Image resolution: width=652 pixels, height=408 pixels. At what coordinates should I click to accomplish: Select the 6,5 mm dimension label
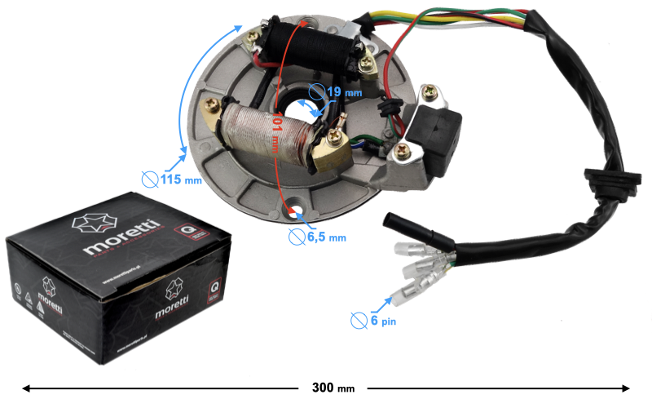[x=325, y=237]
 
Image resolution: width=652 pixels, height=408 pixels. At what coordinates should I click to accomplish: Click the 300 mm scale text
[x=333, y=388]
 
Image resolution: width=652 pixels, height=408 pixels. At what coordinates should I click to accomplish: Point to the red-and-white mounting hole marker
[x=294, y=214]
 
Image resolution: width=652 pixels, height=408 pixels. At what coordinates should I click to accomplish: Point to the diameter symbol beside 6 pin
[x=359, y=320]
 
